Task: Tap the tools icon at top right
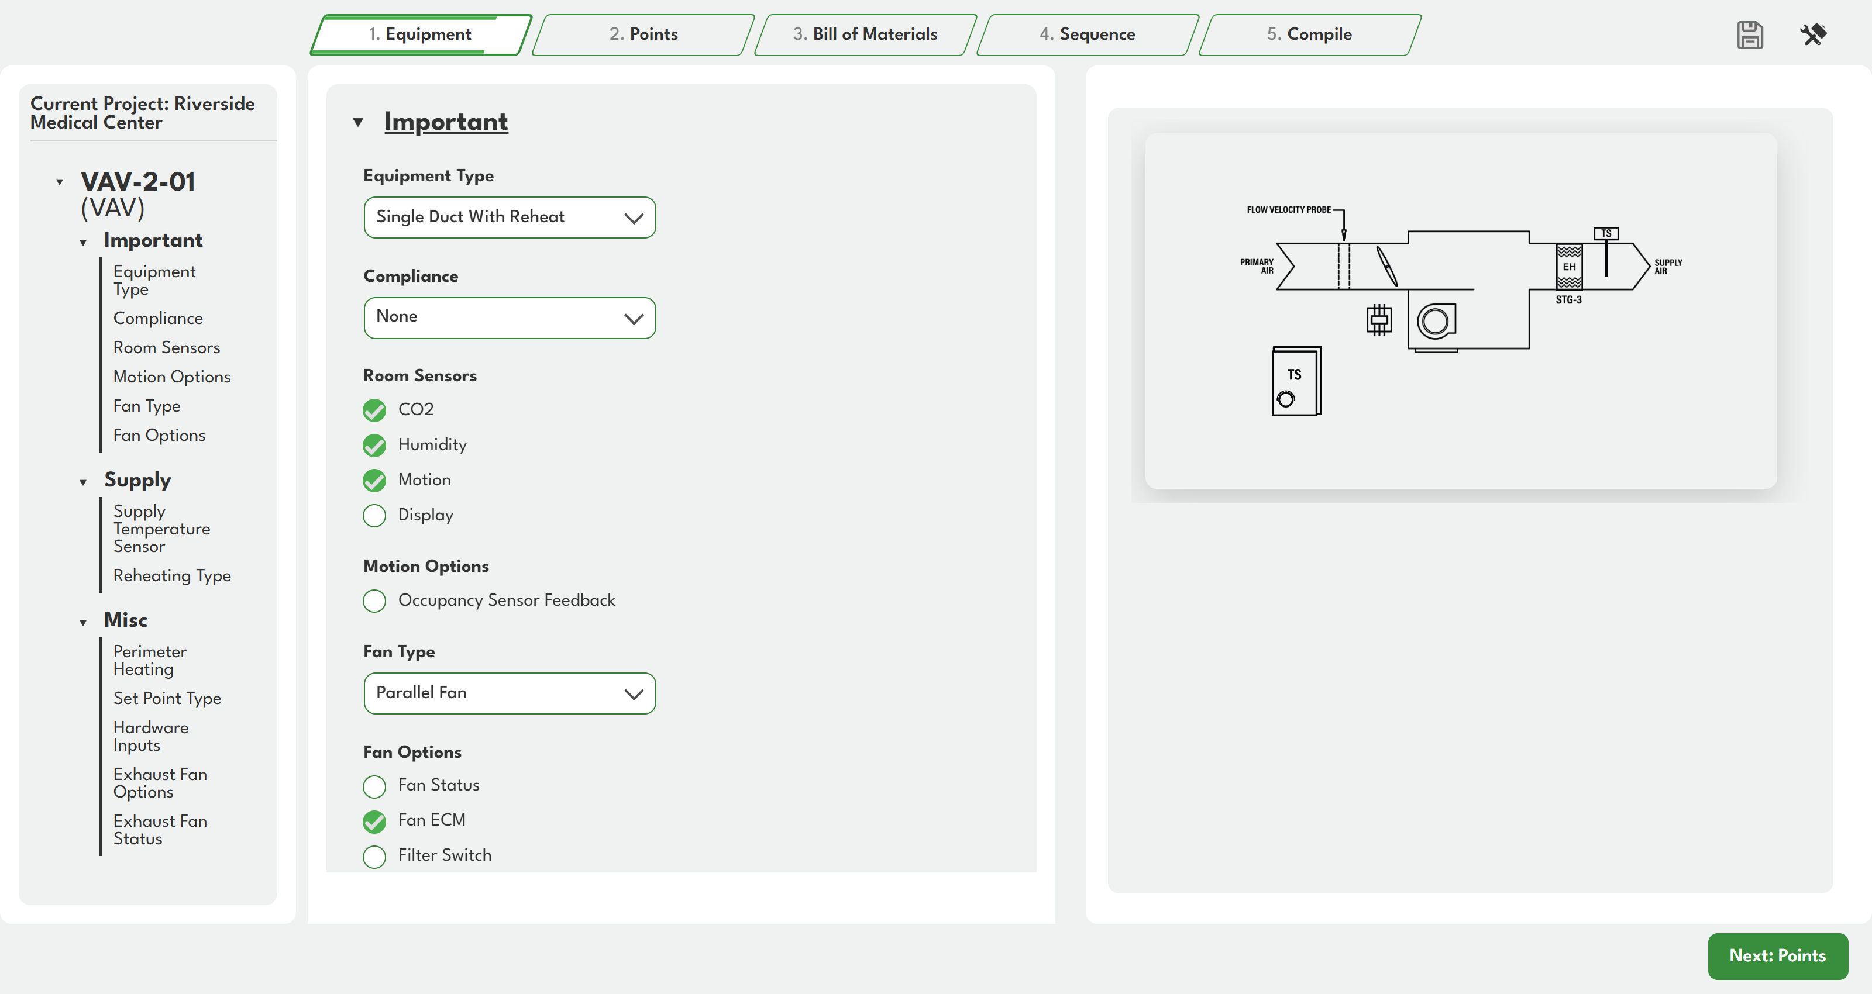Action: tap(1813, 34)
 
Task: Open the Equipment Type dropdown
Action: tap(510, 218)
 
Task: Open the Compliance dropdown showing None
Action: tap(510, 317)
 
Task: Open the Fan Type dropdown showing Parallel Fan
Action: tap(510, 693)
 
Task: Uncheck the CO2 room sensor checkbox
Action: tap(374, 410)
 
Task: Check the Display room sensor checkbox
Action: tap(374, 515)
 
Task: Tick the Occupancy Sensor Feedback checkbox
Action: tap(374, 601)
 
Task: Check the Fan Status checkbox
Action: tap(374, 786)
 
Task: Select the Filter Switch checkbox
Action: tap(374, 857)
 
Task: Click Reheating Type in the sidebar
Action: tap(172, 575)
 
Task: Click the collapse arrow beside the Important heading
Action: tap(358, 122)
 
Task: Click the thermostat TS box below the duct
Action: tap(1296, 381)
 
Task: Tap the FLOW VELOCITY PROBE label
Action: tap(1288, 209)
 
